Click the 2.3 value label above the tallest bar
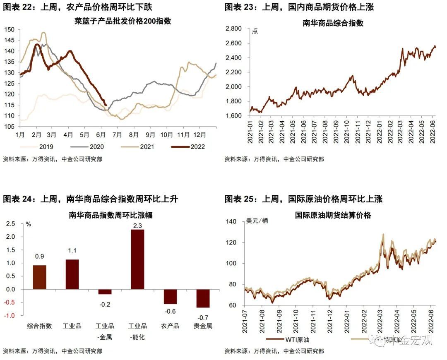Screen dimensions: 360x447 click(137, 226)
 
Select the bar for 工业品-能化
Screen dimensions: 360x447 click(137, 259)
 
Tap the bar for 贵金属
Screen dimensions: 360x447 click(203, 298)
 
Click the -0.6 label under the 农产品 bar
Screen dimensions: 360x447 click(170, 311)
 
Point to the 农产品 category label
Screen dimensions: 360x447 click(170, 326)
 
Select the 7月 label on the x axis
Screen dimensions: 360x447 click(117, 134)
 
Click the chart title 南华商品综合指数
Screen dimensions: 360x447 click(333, 23)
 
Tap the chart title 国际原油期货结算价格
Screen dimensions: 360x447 click(333, 215)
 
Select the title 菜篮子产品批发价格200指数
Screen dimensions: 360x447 click(111, 21)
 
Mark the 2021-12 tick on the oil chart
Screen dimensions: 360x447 click(330, 321)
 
